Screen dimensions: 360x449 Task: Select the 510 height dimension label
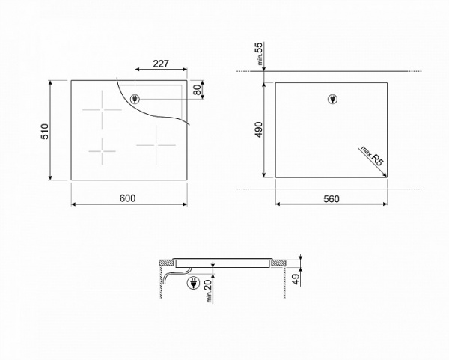pyautogui.click(x=45, y=132)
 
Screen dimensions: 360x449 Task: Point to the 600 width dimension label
pyautogui.click(x=127, y=198)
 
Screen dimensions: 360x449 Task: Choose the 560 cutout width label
pyautogui.click(x=331, y=198)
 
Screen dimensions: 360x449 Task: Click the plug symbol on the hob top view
pyautogui.click(x=135, y=100)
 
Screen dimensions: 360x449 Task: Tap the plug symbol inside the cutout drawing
pyautogui.click(x=332, y=99)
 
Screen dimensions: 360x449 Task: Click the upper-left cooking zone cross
pyautogui.click(x=102, y=113)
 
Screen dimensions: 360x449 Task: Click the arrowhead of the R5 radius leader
pyautogui.click(x=385, y=175)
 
